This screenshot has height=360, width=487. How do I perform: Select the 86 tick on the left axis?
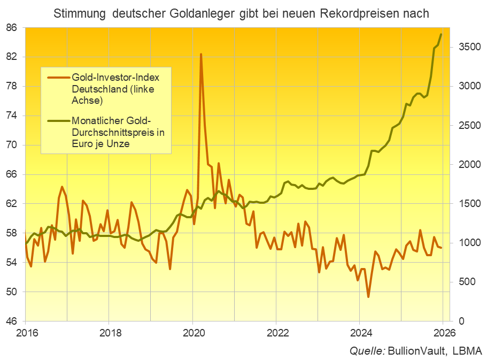click(11, 27)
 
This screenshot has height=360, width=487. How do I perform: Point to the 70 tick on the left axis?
click(11, 145)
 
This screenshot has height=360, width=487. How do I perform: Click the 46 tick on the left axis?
click(11, 321)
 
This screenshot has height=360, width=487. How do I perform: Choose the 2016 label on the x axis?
click(25, 332)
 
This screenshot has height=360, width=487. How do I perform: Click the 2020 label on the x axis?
click(192, 332)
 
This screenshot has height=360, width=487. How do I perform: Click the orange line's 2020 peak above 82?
click(201, 54)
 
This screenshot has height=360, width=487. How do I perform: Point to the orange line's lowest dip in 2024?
click(368, 296)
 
